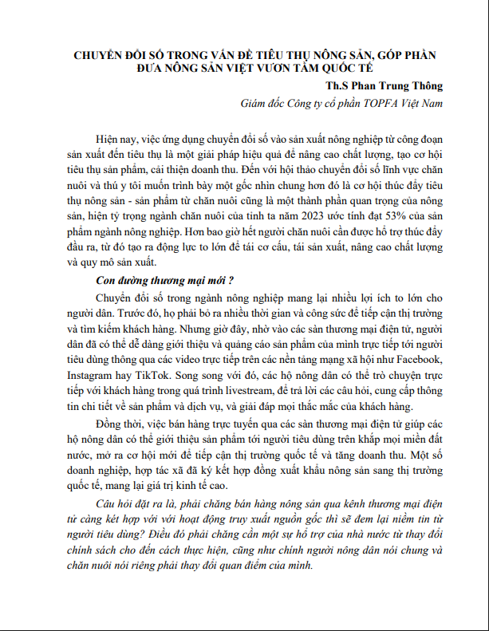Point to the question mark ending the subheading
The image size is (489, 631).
tap(230, 281)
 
